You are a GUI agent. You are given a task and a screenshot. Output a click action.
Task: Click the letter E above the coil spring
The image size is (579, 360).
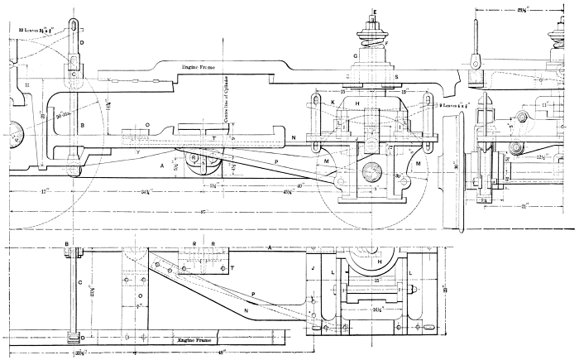point(374,12)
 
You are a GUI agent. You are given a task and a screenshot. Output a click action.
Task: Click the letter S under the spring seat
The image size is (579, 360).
point(395,75)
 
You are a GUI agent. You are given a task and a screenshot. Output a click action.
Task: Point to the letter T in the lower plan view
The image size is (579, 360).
point(232,268)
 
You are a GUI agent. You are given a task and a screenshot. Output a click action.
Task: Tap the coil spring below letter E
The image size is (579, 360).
point(374,39)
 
